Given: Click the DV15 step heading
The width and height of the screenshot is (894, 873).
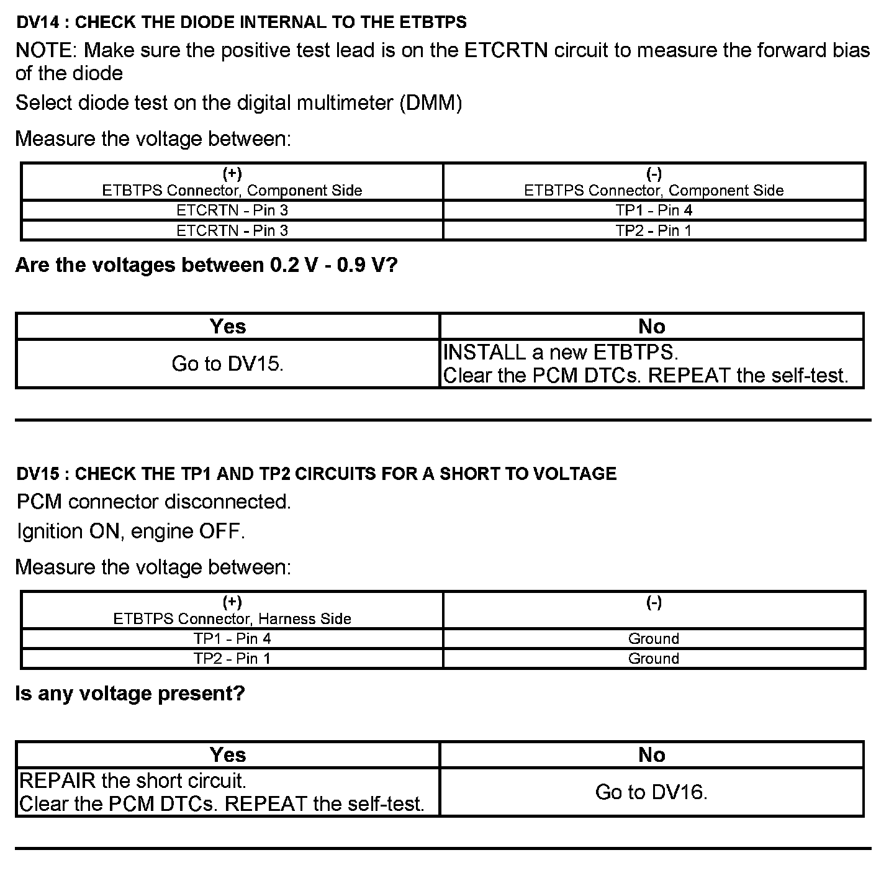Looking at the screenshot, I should pos(316,474).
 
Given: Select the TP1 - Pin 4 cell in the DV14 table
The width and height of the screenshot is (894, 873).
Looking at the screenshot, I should pos(654,210).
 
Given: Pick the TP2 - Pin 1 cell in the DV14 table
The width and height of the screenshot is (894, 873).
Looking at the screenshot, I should pos(654,231).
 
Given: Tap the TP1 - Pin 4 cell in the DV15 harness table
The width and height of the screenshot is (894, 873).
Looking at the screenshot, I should pos(232,639).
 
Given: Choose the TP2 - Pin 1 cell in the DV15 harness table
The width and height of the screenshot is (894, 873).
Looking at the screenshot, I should pos(232,659).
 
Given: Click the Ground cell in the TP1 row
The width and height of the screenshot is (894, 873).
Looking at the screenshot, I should pos(654,639).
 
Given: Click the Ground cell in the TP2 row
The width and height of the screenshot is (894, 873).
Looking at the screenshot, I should pos(654,659).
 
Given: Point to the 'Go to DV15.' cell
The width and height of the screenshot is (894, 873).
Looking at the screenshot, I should pos(227,364).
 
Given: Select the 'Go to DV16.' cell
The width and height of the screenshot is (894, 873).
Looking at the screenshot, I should pos(651,792).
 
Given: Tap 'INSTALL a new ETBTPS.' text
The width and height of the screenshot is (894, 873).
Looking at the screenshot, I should pos(561,353).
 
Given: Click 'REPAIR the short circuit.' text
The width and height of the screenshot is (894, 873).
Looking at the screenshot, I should pos(133,780).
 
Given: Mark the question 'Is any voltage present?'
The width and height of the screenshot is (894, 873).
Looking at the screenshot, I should pos(130,694).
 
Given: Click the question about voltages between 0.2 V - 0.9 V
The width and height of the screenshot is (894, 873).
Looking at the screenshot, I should pos(206,266).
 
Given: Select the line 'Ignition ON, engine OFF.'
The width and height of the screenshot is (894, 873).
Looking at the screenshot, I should pos(130,531).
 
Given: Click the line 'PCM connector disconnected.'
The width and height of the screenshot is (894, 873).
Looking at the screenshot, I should pos(153,502).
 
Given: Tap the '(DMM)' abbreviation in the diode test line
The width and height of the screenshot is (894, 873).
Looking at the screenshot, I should pos(431,103).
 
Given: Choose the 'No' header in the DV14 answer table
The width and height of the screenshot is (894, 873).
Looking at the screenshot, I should pos(651,327).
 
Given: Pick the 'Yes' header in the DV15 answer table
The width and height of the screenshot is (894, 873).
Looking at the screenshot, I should pos(228,755).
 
